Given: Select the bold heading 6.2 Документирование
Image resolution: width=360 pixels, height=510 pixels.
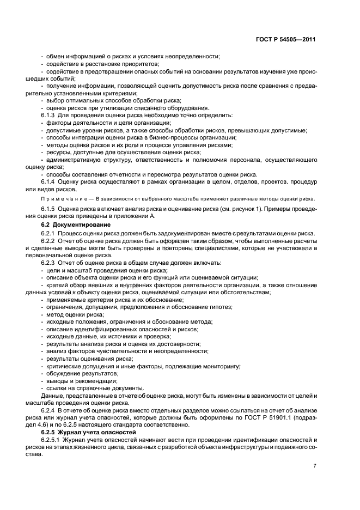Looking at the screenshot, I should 76,224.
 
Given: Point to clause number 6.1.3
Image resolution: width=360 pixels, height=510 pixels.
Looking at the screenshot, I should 50,116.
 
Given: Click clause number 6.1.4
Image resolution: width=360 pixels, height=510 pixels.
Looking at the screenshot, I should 50,181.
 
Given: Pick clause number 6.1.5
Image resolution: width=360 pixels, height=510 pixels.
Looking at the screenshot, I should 50,209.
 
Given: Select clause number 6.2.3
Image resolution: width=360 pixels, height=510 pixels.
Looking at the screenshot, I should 50,263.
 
